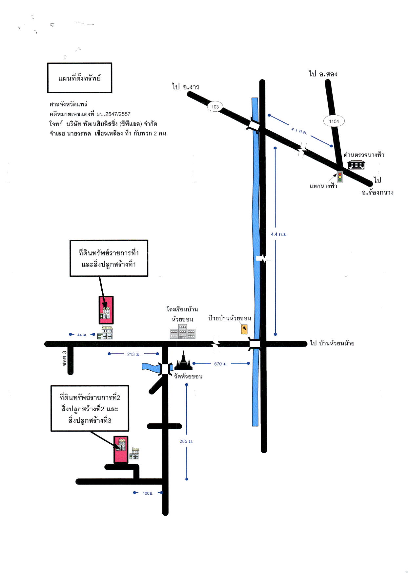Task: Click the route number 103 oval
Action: point(215,107)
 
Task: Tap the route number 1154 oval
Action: point(334,121)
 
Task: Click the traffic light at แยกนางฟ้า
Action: point(340,177)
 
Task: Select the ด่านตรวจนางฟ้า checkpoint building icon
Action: point(356,164)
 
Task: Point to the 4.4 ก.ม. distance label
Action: point(279,234)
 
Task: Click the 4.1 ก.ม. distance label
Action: point(299,131)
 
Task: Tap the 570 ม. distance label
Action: point(221,364)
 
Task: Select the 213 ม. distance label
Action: point(134,354)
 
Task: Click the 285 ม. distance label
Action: point(186,441)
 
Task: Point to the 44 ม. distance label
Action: point(82,335)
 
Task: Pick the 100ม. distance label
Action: point(148,493)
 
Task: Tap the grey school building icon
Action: point(183,331)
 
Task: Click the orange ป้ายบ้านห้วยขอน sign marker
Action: point(244,329)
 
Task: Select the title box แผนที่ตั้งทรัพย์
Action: point(80,78)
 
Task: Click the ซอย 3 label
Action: point(65,358)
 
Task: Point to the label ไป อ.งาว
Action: point(186,87)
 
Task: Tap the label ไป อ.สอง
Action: point(323,74)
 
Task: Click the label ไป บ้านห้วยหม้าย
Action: point(332,343)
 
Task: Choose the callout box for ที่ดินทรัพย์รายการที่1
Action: point(109,258)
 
